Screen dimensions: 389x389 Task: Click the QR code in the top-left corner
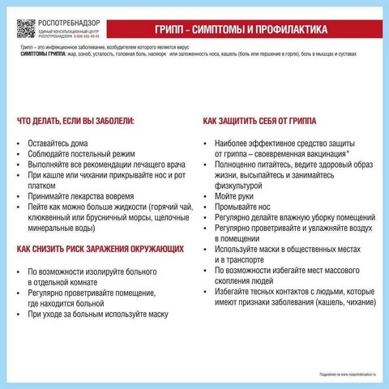pos(26,28)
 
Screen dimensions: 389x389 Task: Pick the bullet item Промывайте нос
pos(241,207)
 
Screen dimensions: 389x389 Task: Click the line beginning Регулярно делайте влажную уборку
pos(289,217)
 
